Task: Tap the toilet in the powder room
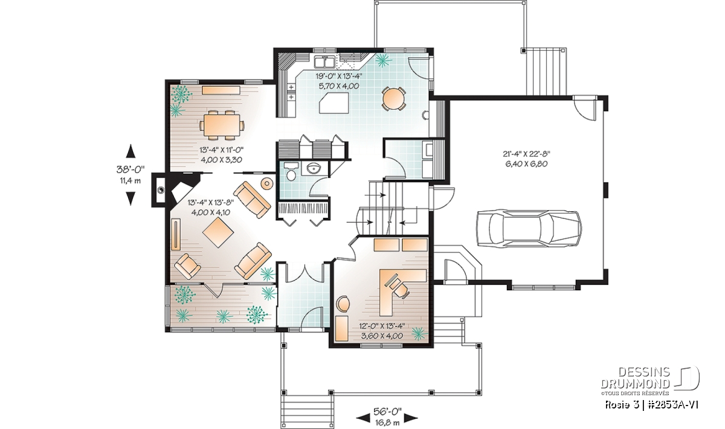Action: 292,171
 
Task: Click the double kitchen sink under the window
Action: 324,61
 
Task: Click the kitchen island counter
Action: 333,103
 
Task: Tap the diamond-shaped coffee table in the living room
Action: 218,232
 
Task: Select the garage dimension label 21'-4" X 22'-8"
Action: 526,154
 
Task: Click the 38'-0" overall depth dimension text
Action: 130,169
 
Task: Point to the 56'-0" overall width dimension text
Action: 387,412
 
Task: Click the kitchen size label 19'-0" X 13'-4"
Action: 338,76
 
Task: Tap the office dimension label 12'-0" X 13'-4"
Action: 382,326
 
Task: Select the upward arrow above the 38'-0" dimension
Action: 130,151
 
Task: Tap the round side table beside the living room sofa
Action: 267,183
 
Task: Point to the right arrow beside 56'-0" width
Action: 411,418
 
